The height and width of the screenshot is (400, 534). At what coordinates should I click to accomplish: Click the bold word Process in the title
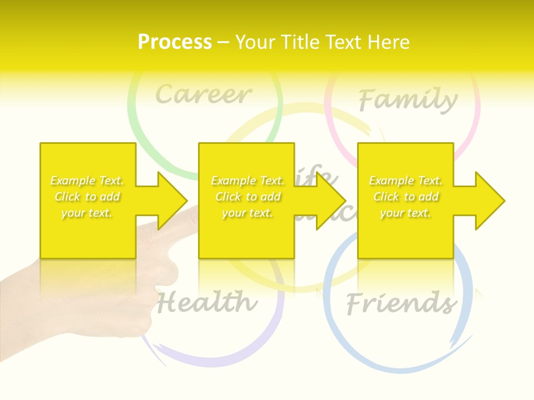point(175,42)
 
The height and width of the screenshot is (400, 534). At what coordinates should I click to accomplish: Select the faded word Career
point(204,94)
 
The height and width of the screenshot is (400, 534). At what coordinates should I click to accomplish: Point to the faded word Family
point(408,100)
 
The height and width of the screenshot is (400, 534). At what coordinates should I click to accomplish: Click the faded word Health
point(207,303)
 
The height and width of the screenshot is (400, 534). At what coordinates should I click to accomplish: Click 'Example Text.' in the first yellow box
point(87,181)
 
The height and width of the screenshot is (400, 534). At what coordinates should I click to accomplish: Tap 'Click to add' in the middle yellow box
point(248,197)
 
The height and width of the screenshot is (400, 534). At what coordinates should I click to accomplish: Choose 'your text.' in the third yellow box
point(406,213)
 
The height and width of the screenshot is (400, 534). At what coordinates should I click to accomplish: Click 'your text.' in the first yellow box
point(87,213)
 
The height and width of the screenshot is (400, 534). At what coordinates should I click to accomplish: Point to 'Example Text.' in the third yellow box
point(406,181)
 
